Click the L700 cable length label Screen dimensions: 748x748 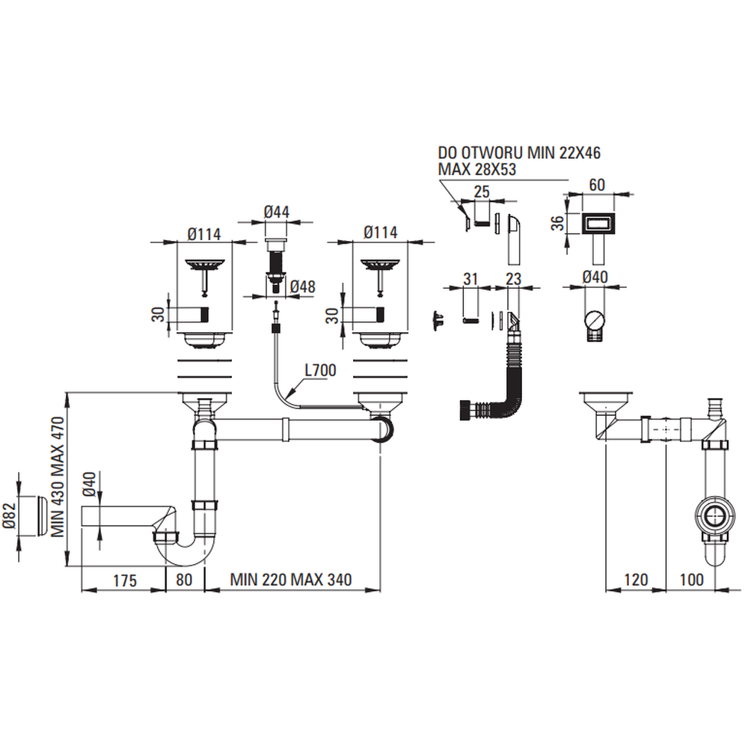coord(320,369)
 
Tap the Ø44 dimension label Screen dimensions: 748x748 coord(277,212)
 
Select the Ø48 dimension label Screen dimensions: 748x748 coord(302,286)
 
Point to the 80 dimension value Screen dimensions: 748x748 coord(185,580)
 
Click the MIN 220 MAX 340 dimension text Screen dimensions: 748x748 coord(291,580)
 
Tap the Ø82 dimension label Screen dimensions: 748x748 coord(8,515)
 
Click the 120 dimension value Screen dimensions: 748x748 coord(636,580)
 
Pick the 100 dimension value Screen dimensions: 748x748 coord(692,580)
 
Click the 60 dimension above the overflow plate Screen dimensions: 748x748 coord(597,184)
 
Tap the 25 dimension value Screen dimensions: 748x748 coord(482,192)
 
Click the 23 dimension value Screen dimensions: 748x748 coord(513,278)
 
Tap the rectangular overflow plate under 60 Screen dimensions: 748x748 coord(598,223)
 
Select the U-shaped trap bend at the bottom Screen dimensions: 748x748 coord(186,554)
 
